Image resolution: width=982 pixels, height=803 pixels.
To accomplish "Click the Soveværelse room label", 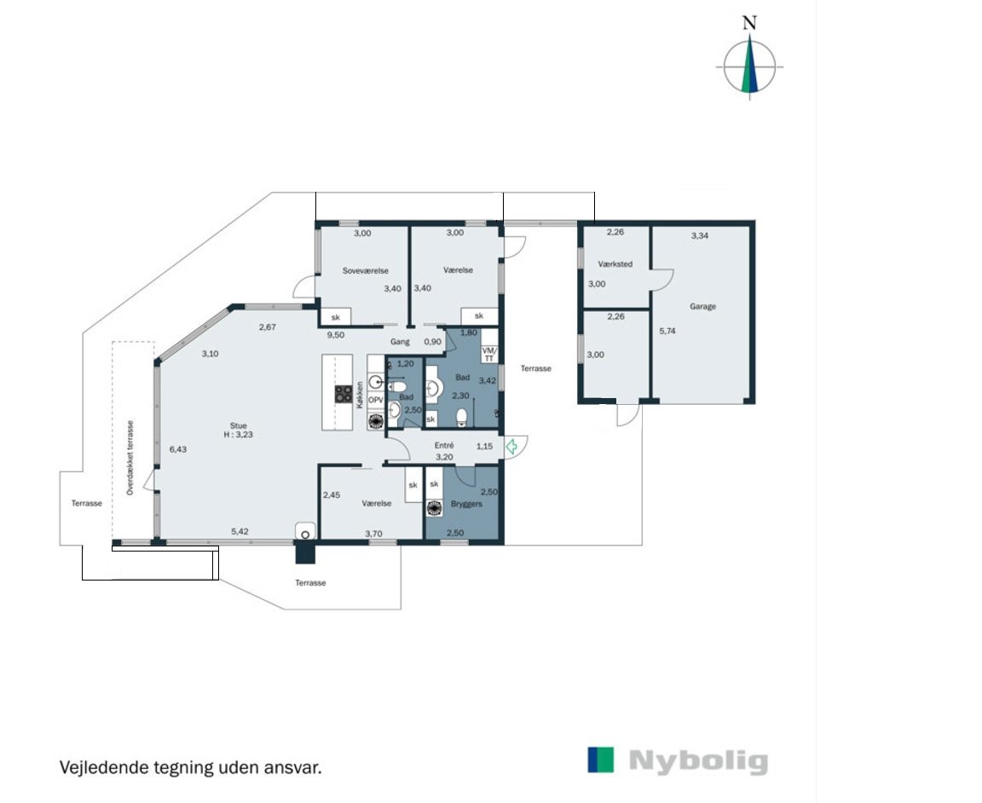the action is [365, 270].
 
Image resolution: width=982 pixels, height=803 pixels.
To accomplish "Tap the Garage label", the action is [702, 306].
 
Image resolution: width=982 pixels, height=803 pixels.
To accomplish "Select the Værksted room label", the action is [615, 264].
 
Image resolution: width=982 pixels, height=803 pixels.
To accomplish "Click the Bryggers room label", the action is [466, 504].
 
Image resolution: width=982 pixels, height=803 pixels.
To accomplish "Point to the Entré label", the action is [444, 445].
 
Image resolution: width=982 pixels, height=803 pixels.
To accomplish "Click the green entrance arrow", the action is [511, 447].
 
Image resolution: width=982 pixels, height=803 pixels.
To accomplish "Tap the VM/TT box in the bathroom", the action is [489, 355].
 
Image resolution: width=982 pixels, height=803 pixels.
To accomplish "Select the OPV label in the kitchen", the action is [376, 400].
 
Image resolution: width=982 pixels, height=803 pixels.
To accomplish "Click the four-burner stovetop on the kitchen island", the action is [344, 393].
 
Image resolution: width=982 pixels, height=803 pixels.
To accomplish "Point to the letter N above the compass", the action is [749, 23].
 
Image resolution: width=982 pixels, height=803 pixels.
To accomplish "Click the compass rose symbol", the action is [749, 66].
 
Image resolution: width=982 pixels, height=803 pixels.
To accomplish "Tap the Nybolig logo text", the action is [698, 762].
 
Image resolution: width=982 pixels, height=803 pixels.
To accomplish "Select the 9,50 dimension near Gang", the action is [336, 335].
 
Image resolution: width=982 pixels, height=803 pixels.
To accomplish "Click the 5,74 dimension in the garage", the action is [667, 331].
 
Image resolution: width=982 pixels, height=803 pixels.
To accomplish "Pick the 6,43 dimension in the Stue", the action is [178, 449].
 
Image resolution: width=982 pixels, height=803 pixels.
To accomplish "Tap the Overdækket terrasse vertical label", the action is [130, 458].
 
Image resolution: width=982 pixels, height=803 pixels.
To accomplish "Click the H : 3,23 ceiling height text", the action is [239, 434].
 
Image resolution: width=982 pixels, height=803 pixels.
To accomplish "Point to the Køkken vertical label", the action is [360, 396].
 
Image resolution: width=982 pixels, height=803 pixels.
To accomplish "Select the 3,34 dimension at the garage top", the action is [700, 235].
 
